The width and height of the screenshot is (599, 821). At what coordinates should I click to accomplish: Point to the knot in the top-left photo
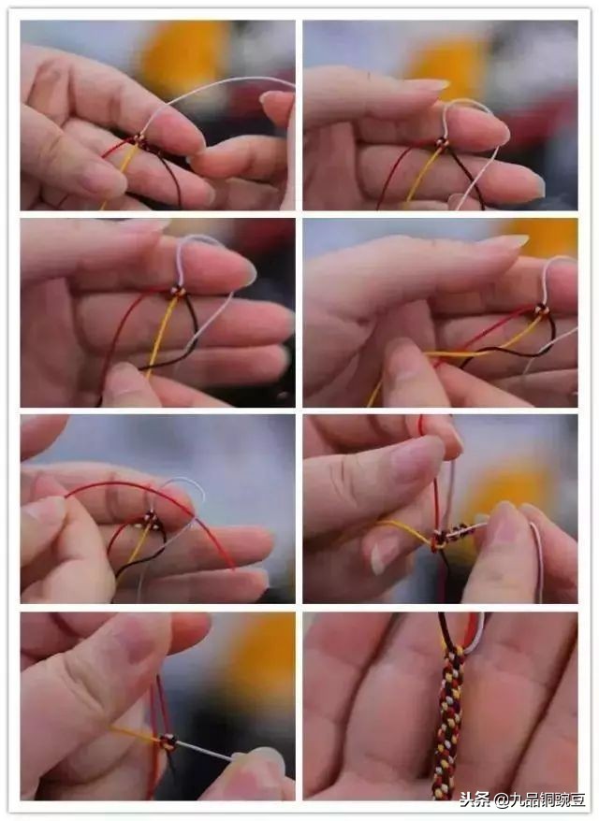139,141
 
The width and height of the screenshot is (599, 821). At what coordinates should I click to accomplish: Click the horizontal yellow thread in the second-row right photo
459,353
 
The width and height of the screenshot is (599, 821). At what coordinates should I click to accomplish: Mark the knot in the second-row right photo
540,311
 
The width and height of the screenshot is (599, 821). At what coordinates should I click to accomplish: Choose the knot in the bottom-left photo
168,742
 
